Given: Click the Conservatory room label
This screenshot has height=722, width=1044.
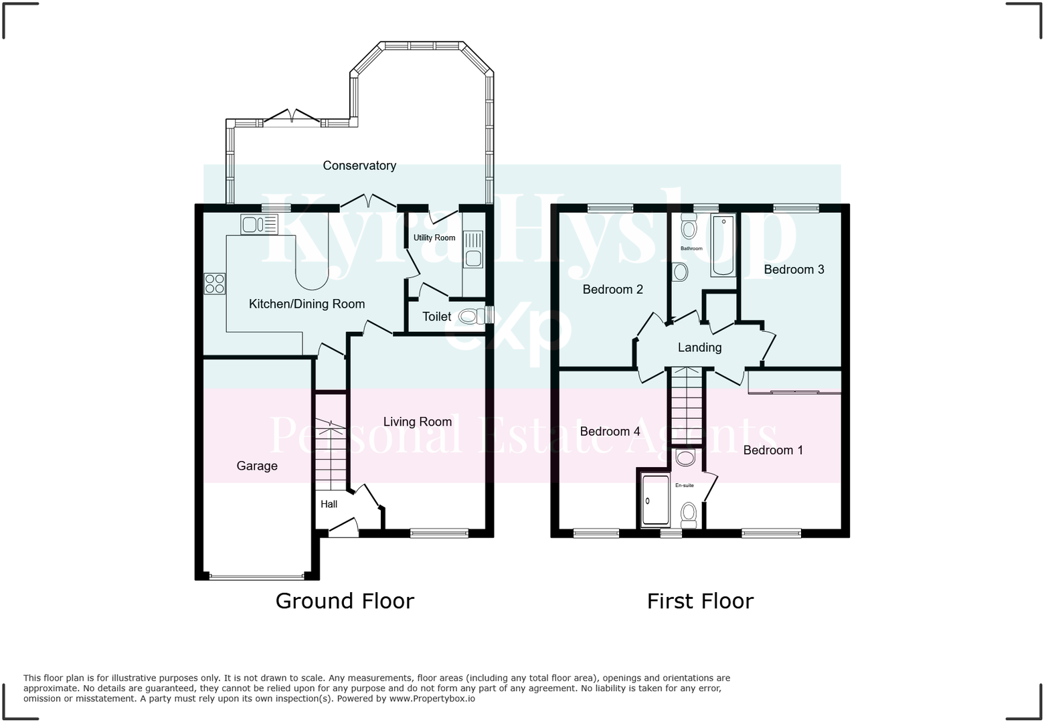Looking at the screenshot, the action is (359, 165).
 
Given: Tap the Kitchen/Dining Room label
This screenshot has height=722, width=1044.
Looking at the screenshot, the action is (307, 304).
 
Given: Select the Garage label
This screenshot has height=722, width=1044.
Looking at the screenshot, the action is (257, 466).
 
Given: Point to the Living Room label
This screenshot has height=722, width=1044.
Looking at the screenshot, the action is (417, 422).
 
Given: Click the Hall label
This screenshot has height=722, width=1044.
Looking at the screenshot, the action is (329, 504).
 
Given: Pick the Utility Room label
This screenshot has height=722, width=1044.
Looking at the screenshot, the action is (434, 238).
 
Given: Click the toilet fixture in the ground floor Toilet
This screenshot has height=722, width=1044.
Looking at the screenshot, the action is (472, 317).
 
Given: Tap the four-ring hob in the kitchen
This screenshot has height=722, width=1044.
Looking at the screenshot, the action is (214, 284).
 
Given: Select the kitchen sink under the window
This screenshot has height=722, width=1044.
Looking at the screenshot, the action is (259, 224).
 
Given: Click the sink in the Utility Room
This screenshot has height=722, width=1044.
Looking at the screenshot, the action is (473, 250).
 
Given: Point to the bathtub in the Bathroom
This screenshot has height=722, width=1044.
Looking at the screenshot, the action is (723, 246).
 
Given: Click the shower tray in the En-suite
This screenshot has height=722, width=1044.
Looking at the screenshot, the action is (655, 500).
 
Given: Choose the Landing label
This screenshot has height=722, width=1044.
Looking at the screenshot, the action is (699, 347).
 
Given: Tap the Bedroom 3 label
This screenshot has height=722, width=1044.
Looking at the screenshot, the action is (794, 270).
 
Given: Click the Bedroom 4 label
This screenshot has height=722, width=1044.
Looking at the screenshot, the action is (610, 431).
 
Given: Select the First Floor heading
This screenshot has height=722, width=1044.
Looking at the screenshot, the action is (700, 602).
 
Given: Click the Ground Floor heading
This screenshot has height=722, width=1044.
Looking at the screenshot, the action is (345, 602).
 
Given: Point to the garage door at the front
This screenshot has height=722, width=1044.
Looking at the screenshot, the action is (257, 577).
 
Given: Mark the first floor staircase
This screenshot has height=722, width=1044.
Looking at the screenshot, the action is (686, 405).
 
